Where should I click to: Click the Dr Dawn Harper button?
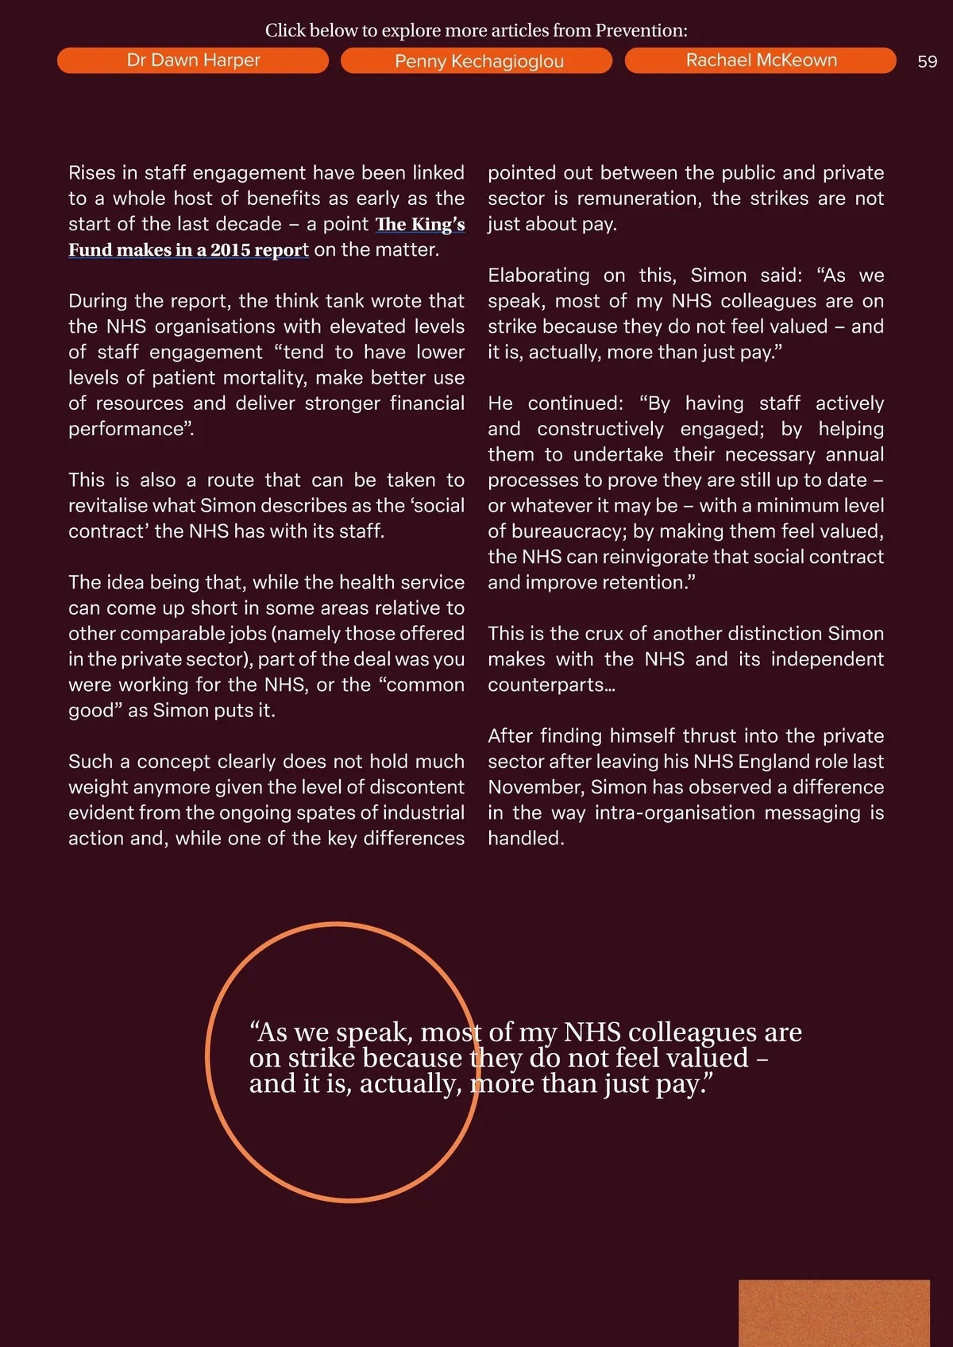(x=193, y=60)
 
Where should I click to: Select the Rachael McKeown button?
(x=760, y=60)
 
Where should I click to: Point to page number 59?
(x=927, y=62)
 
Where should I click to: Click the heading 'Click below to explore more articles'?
(x=476, y=30)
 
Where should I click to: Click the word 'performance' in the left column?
(x=127, y=429)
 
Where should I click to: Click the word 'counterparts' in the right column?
(x=547, y=685)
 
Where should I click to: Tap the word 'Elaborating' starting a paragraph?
(x=538, y=276)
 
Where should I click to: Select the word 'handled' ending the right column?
(x=524, y=839)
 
